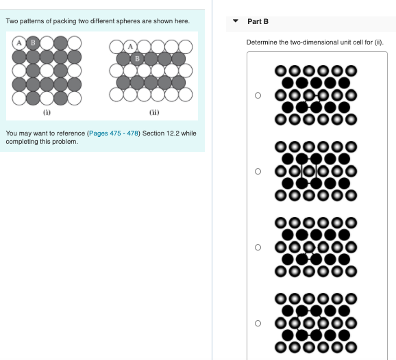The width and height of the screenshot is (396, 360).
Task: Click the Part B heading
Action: (x=258, y=21)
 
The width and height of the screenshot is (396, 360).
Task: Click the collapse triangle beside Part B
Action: (x=236, y=21)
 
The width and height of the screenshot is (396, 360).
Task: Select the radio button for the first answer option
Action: (x=258, y=96)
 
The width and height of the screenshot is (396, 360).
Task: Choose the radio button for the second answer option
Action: (x=258, y=171)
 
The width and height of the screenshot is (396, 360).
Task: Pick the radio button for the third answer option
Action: (x=258, y=247)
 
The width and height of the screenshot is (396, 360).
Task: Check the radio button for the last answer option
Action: (x=258, y=323)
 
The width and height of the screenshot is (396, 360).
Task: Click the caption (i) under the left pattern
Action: (x=47, y=112)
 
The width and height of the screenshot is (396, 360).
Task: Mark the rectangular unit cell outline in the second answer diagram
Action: (x=307, y=171)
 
